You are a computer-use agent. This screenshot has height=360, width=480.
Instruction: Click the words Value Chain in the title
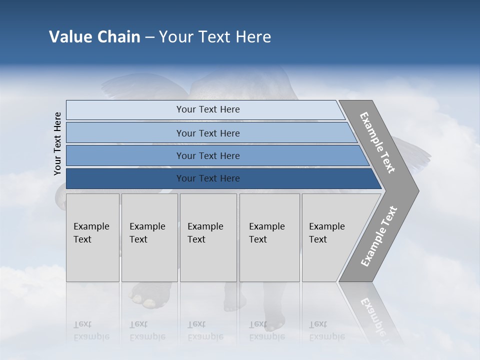click(x=94, y=37)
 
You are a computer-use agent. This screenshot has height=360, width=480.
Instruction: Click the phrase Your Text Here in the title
click(x=215, y=37)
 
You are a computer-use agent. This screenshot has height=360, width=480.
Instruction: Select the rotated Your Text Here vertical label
click(x=57, y=143)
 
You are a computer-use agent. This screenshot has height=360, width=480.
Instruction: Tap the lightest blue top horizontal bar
click(x=207, y=109)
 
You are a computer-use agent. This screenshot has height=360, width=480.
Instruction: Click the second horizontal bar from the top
click(x=207, y=133)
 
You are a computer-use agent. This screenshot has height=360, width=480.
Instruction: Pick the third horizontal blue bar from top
click(x=207, y=155)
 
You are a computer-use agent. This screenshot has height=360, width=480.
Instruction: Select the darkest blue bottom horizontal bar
click(x=207, y=178)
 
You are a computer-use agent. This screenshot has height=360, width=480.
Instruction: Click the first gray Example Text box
click(x=92, y=237)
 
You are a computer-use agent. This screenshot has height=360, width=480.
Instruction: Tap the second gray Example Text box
click(x=149, y=237)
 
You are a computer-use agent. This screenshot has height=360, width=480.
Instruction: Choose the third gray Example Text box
click(x=207, y=237)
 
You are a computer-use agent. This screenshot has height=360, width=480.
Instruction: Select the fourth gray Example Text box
click(x=269, y=237)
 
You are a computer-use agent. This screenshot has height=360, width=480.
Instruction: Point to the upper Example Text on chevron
click(x=377, y=142)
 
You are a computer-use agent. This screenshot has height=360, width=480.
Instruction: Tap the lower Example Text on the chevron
click(x=378, y=236)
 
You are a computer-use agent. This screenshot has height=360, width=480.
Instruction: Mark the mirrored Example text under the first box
click(x=91, y=336)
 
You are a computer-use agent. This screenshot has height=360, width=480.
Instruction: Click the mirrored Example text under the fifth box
click(x=326, y=336)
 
